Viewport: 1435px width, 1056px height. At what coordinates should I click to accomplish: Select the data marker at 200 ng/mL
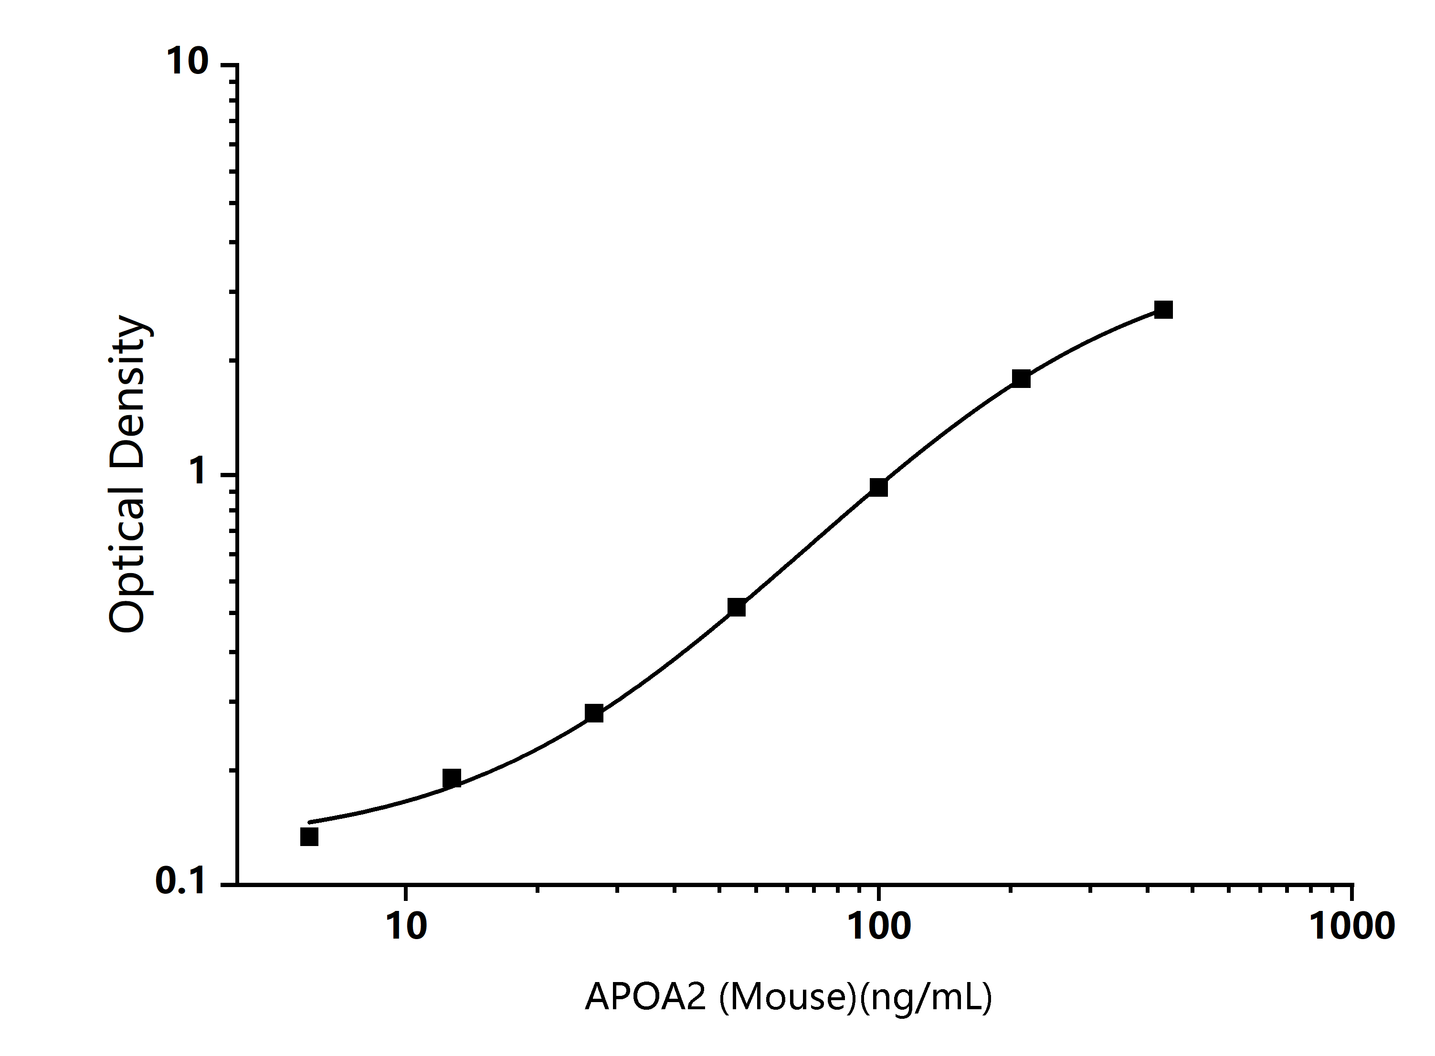pyautogui.click(x=1021, y=378)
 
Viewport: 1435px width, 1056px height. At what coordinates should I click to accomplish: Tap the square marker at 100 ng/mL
pyautogui.click(x=879, y=487)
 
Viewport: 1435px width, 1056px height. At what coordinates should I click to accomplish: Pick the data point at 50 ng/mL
pyautogui.click(x=737, y=607)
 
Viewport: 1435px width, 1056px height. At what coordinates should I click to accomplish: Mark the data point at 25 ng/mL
pyautogui.click(x=594, y=713)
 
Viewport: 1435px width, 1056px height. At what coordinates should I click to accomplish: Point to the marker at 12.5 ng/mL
pyautogui.click(x=452, y=778)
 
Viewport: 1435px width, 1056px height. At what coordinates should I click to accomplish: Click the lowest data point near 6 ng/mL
pyautogui.click(x=309, y=837)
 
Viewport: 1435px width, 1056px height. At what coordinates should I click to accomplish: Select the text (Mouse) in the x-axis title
pyautogui.click(x=787, y=997)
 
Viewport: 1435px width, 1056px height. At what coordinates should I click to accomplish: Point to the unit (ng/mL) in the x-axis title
pyautogui.click(x=925, y=997)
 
